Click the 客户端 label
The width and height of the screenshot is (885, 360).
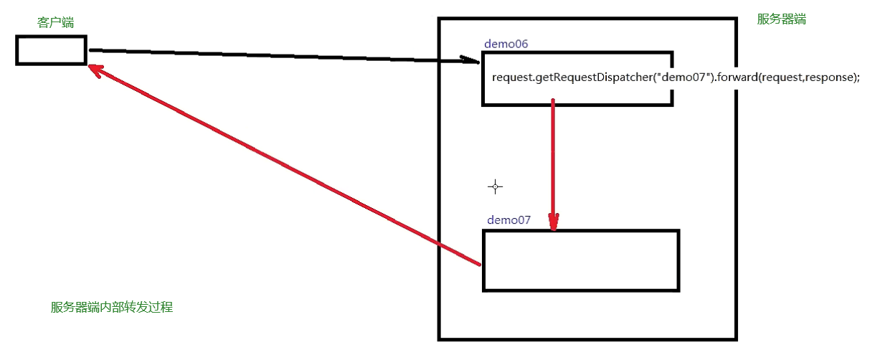(x=55, y=23)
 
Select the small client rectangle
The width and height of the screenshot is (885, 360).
(x=51, y=50)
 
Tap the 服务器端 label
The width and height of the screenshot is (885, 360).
(x=781, y=19)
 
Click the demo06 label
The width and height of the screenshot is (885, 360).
(x=506, y=44)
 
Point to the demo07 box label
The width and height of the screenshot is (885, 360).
(x=508, y=219)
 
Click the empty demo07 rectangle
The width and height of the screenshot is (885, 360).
(x=581, y=260)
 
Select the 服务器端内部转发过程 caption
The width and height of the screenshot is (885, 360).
(x=112, y=308)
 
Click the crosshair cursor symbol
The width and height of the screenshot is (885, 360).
(x=495, y=187)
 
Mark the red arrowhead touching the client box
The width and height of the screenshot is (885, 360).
(x=96, y=69)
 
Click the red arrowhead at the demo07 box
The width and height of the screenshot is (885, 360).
(x=553, y=222)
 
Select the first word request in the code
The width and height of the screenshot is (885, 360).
(x=513, y=77)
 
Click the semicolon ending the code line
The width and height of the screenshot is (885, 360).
(x=858, y=77)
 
